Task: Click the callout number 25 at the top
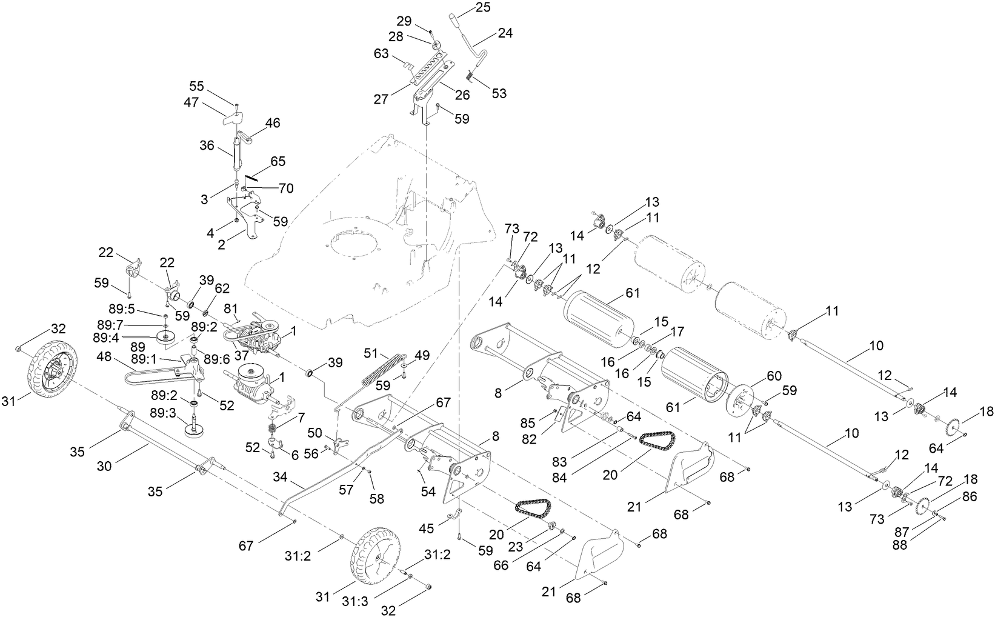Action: (x=483, y=8)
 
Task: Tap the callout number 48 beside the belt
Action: (x=104, y=358)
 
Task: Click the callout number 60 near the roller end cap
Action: (x=758, y=376)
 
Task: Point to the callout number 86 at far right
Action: (x=970, y=496)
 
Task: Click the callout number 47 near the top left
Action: (x=191, y=104)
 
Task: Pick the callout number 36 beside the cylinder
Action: (x=207, y=146)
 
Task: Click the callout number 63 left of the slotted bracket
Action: (x=381, y=54)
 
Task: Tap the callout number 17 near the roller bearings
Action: (x=677, y=332)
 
